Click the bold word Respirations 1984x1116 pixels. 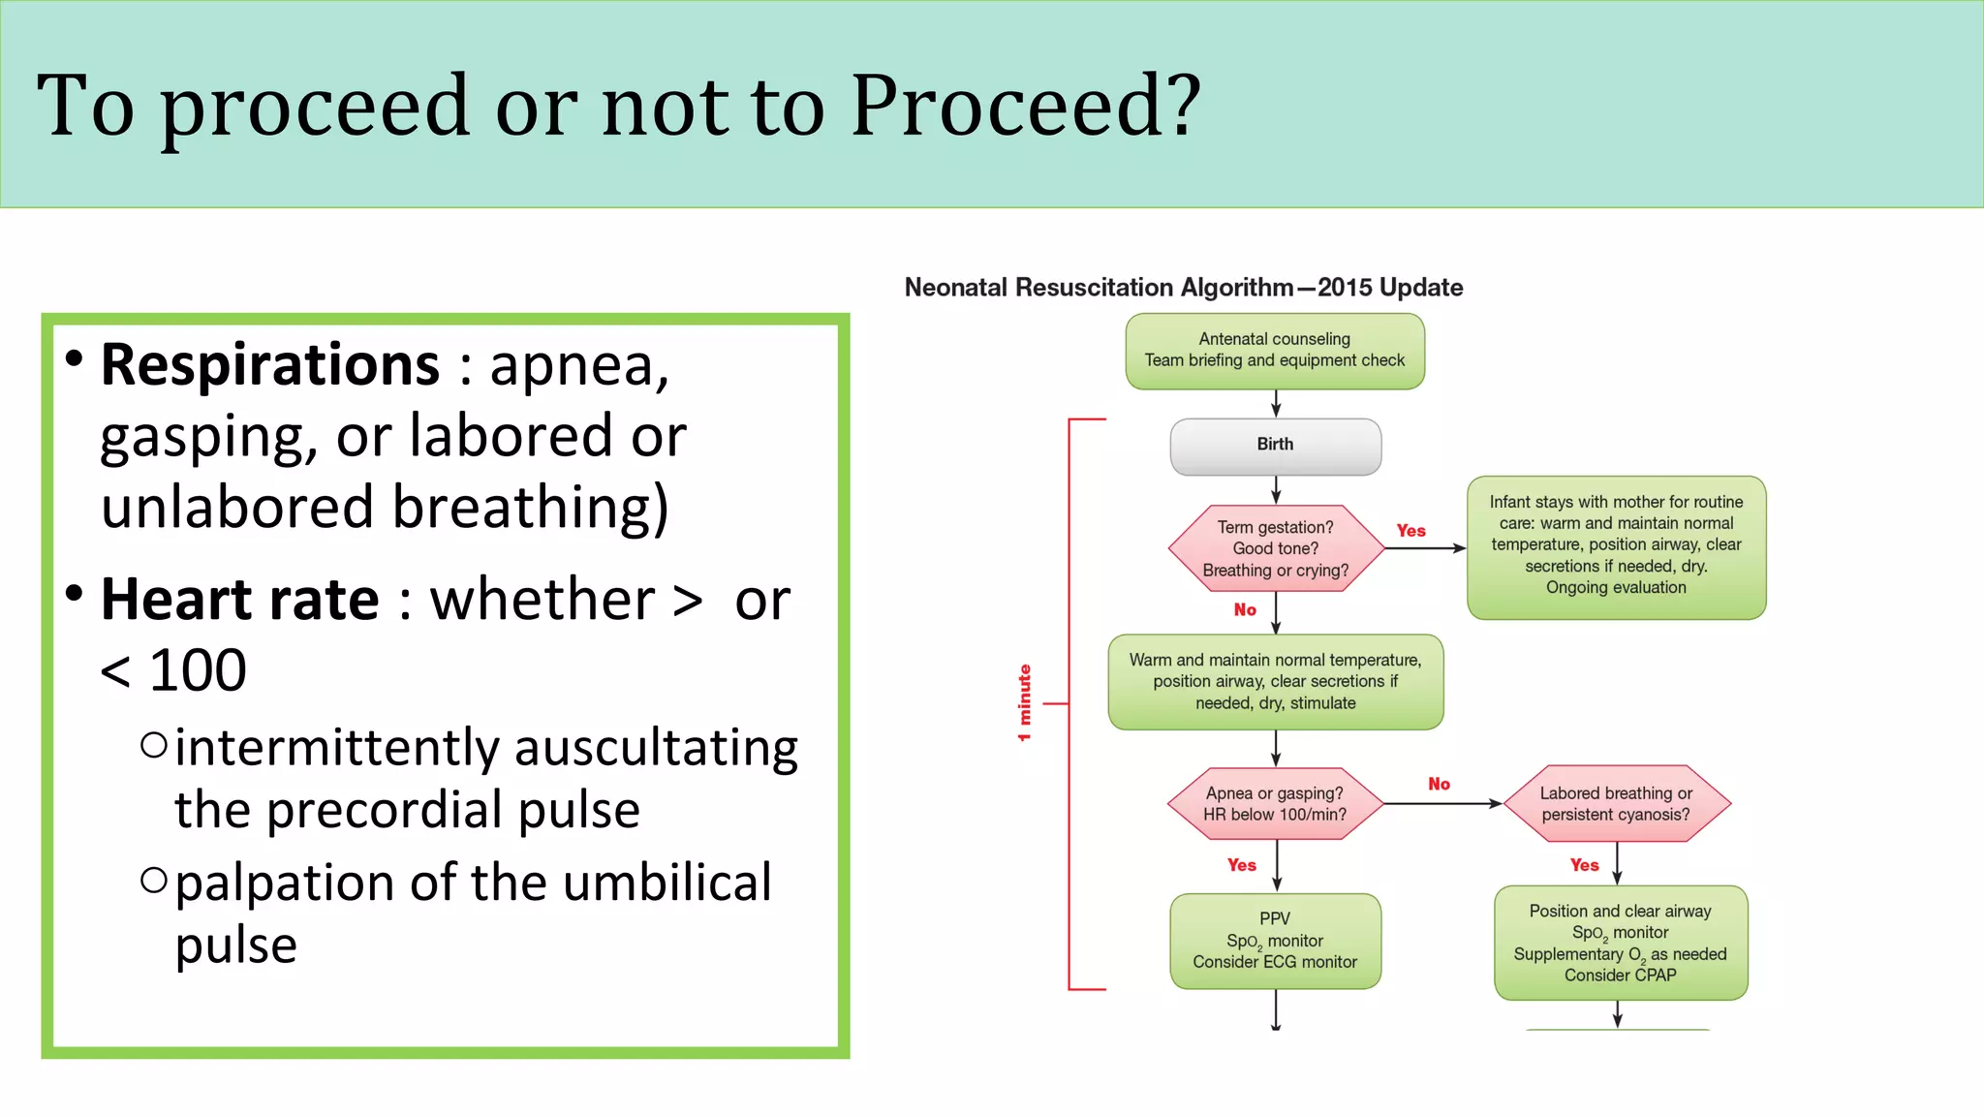coord(270,365)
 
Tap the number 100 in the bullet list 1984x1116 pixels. coord(198,670)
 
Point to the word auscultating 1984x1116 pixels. coord(656,748)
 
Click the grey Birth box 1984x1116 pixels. coord(1275,446)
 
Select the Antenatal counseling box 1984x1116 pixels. coord(1275,351)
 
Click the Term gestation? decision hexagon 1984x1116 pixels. coord(1275,548)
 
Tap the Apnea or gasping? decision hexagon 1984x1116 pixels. coord(1275,804)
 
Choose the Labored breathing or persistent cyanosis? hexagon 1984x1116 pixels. coord(1616,804)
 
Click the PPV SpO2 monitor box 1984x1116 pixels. coord(1275,941)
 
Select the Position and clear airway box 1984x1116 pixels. coord(1620,943)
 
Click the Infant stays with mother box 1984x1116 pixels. coord(1616,546)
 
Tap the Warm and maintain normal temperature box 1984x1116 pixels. coord(1275,682)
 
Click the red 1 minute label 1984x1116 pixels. coord(1024,703)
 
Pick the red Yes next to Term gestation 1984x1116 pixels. coord(1410,531)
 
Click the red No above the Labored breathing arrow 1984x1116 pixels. coord(1439,784)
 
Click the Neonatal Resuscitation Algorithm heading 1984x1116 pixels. coord(1183,288)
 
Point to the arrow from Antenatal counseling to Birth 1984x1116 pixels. coord(1276,404)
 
